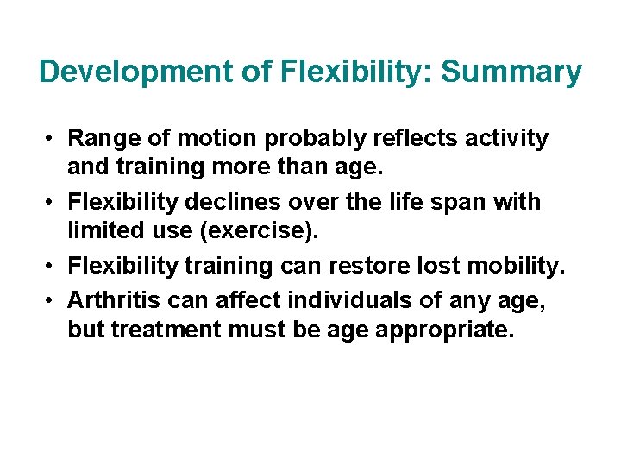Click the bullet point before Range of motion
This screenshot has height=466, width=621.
[53, 138]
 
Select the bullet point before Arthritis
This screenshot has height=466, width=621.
[53, 299]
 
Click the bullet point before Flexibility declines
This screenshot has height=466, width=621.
[53, 203]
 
